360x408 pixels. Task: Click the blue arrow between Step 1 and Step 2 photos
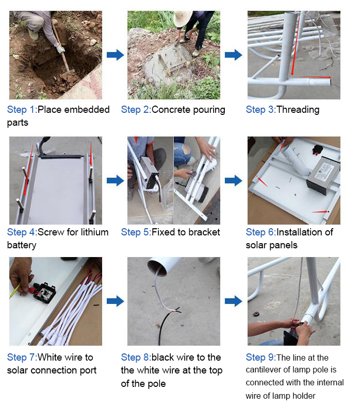click(x=115, y=55)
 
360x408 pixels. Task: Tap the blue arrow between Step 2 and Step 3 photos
click(x=234, y=55)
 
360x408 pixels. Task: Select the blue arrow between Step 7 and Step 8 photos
click(x=115, y=301)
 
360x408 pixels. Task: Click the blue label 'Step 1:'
click(x=22, y=110)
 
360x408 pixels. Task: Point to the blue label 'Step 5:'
click(x=136, y=232)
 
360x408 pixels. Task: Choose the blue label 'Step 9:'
click(x=261, y=358)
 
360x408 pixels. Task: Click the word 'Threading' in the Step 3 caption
click(x=298, y=110)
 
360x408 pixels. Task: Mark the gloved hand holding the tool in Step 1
click(x=60, y=49)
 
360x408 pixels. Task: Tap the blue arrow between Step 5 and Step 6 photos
click(x=234, y=181)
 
